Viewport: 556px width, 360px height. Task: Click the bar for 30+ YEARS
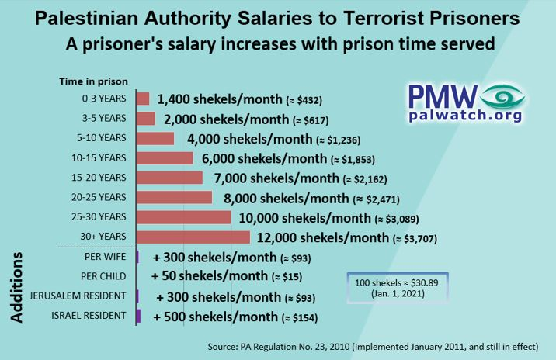click(x=193, y=237)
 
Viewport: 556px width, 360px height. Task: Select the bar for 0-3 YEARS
click(x=143, y=99)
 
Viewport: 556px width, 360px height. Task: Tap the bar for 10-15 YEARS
click(x=165, y=157)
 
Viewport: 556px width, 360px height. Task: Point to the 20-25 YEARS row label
click(x=103, y=197)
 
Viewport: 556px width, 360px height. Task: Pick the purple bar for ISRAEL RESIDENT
click(x=138, y=316)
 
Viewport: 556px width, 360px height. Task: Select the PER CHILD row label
click(x=104, y=276)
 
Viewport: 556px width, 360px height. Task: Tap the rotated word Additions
click(x=17, y=286)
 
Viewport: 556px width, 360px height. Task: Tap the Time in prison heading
click(x=93, y=81)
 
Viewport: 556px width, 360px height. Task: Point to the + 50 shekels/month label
click(x=208, y=276)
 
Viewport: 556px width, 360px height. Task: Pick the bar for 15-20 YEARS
click(x=169, y=178)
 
